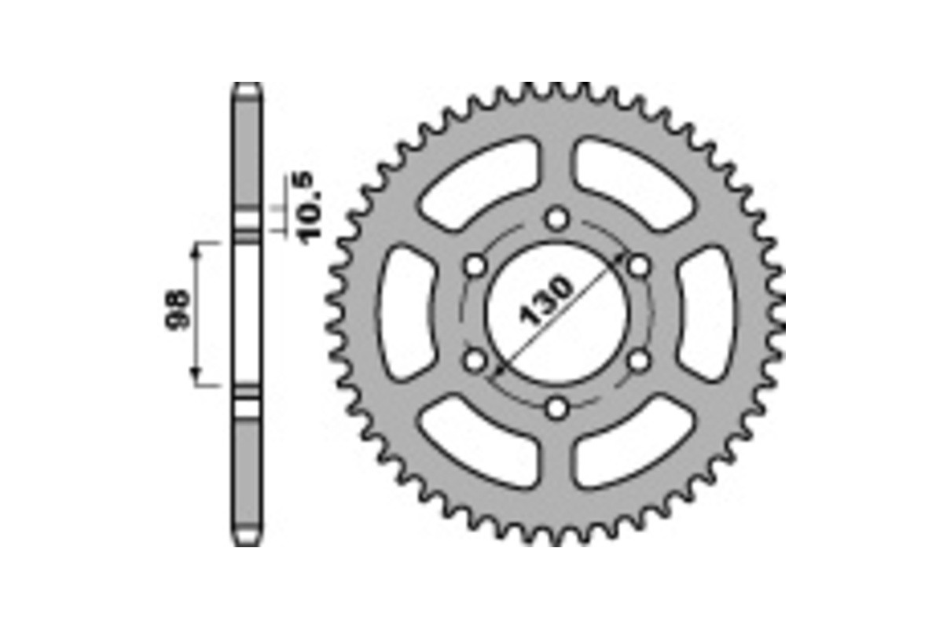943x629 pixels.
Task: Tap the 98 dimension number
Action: pos(178,311)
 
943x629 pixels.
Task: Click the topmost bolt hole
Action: pos(557,219)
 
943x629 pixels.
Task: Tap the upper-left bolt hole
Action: pos(475,266)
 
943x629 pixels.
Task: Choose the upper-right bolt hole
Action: pos(640,266)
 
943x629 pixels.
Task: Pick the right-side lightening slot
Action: pos(707,313)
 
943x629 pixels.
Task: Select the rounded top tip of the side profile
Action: pos(247,87)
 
